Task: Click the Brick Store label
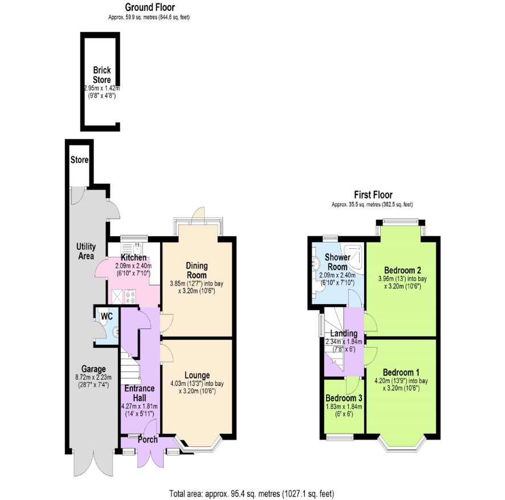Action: click(102, 75)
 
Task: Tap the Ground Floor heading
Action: click(150, 7)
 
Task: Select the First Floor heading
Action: click(373, 195)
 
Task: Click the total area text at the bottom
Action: click(252, 494)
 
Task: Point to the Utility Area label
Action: click(85, 251)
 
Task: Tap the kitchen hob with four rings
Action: click(131, 296)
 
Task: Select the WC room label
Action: click(107, 316)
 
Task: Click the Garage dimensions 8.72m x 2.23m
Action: click(93, 377)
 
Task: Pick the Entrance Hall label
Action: click(140, 393)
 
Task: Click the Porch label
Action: click(148, 439)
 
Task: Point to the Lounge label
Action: click(197, 375)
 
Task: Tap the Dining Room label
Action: click(197, 271)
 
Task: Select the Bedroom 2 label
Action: click(402, 270)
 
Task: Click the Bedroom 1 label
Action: click(401, 373)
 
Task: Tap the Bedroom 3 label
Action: click(344, 398)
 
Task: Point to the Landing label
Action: click(344, 333)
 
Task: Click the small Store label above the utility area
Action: click(79, 160)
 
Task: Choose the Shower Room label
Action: click(337, 262)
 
